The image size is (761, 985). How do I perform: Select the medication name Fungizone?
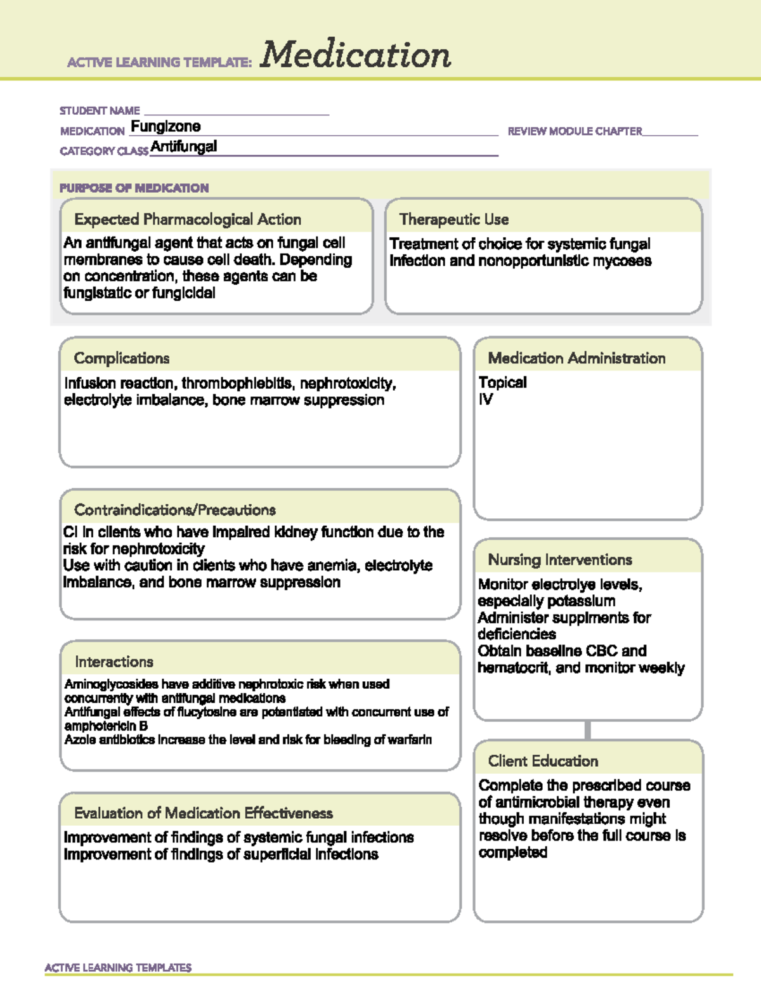[166, 126]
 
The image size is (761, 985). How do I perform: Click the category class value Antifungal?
[184, 147]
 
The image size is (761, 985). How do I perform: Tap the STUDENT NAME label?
[100, 111]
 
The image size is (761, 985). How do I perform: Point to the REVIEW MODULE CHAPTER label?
[575, 131]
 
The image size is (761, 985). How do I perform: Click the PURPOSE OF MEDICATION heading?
[134, 188]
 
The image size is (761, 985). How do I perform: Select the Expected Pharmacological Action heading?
[188, 219]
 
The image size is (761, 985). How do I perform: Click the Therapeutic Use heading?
[454, 219]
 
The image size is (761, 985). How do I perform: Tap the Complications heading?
[122, 358]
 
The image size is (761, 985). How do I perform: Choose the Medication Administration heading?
[576, 358]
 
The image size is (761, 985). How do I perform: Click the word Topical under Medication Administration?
[502, 382]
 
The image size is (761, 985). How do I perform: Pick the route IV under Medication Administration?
[486, 400]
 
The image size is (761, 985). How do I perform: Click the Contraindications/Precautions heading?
[175, 510]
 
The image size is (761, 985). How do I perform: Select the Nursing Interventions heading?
[560, 560]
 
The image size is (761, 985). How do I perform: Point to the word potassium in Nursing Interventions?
[583, 601]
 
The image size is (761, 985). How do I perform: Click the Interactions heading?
[114, 662]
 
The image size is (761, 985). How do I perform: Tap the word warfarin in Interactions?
[410, 740]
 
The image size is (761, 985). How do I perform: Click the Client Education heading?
[543, 761]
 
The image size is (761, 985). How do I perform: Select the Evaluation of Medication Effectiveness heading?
[204, 813]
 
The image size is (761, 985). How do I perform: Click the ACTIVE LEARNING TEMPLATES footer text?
[118, 968]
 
